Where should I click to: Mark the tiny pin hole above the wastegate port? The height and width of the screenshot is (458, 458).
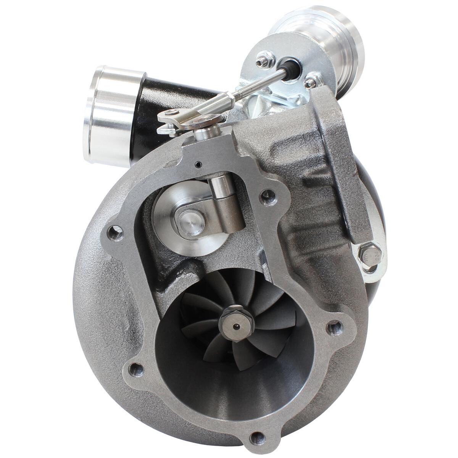[x=197, y=165]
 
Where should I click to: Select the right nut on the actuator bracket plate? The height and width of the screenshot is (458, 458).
[x=310, y=82]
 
